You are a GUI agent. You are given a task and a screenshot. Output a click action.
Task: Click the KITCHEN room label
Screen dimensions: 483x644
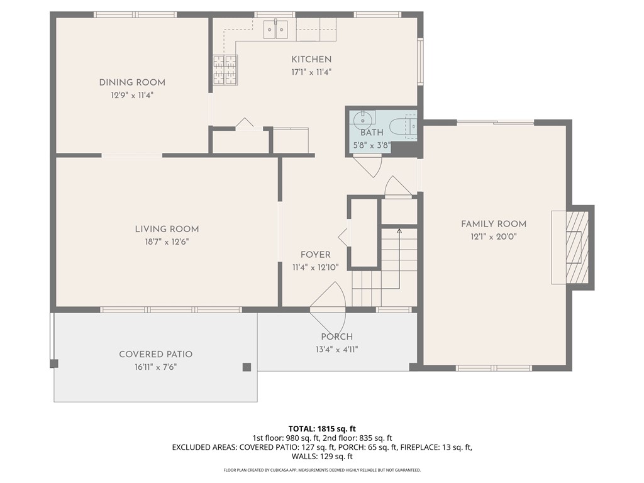(x=311, y=60)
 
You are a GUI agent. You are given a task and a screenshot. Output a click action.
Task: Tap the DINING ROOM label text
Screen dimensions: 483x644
(x=132, y=82)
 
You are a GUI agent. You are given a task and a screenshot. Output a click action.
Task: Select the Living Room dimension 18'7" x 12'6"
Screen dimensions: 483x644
(x=166, y=241)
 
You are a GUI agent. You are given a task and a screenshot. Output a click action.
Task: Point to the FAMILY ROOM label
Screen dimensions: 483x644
(x=493, y=224)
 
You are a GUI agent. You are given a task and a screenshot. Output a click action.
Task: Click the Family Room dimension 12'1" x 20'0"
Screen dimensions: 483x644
(x=493, y=236)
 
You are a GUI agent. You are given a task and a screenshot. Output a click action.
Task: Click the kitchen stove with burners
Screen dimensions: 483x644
(x=225, y=70)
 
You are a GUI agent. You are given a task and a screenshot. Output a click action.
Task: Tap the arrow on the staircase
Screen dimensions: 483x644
(x=399, y=231)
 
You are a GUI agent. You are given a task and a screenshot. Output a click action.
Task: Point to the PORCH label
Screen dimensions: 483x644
(x=336, y=337)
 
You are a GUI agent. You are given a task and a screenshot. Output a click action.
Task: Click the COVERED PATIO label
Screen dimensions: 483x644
(x=155, y=355)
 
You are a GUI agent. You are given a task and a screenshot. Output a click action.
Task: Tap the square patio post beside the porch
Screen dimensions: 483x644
(x=247, y=367)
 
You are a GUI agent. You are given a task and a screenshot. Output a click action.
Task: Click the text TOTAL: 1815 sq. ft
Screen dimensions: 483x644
(x=321, y=428)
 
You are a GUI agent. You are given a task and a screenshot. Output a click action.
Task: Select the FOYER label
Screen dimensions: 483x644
(x=315, y=255)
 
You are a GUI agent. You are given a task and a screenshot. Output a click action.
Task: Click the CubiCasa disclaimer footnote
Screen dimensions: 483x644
(x=321, y=470)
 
